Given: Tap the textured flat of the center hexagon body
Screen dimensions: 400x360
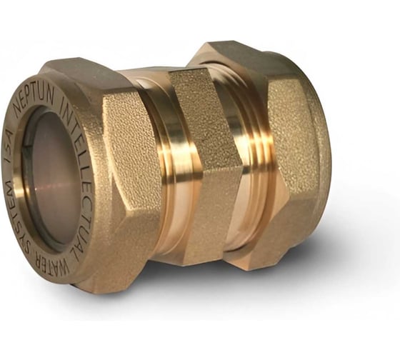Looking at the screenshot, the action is click(x=206, y=120).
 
